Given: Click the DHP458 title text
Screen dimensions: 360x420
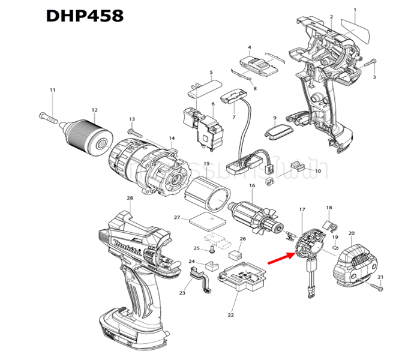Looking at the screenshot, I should (85, 14).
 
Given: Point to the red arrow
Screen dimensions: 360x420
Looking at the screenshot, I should (280, 259).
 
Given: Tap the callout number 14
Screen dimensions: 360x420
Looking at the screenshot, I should (172, 138).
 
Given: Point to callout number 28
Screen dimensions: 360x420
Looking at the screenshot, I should (130, 198).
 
